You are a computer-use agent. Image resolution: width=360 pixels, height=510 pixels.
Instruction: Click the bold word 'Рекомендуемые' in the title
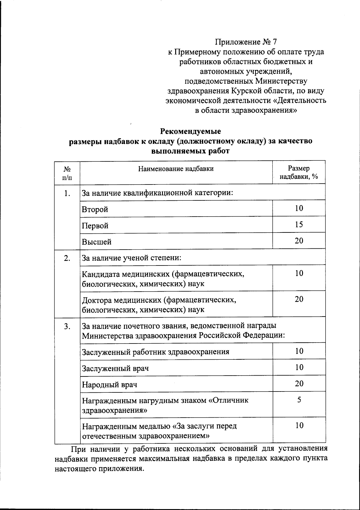click(x=190, y=131)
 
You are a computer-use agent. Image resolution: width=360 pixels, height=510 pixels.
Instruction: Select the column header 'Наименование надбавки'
click(x=176, y=169)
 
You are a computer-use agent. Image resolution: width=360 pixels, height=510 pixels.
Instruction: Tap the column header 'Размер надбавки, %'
click(x=298, y=172)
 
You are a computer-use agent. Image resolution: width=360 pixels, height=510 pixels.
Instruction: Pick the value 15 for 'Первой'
click(x=299, y=224)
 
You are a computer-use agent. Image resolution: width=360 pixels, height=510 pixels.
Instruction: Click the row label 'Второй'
click(x=95, y=209)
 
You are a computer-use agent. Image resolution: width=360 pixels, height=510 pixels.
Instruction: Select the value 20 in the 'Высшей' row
click(x=299, y=241)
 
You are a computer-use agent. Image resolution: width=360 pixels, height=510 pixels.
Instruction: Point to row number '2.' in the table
click(x=67, y=258)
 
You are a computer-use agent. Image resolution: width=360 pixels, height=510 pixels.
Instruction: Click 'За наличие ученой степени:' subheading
click(x=132, y=258)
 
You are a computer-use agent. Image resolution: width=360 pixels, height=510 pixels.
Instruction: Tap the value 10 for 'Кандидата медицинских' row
click(x=299, y=273)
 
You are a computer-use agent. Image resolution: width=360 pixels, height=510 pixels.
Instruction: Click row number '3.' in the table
click(x=67, y=326)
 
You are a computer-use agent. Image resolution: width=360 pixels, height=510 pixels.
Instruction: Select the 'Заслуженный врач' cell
click(x=115, y=368)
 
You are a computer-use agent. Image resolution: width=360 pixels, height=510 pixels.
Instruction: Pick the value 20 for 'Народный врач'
click(x=299, y=383)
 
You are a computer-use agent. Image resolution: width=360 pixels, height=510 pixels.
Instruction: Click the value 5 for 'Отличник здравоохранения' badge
click(x=299, y=400)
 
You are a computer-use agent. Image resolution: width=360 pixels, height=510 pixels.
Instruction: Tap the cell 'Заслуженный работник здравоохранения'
click(x=156, y=352)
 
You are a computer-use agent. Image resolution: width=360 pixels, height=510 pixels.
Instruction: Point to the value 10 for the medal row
click(x=299, y=425)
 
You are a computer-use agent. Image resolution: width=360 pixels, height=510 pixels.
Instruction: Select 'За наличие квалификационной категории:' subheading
click(x=157, y=193)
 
